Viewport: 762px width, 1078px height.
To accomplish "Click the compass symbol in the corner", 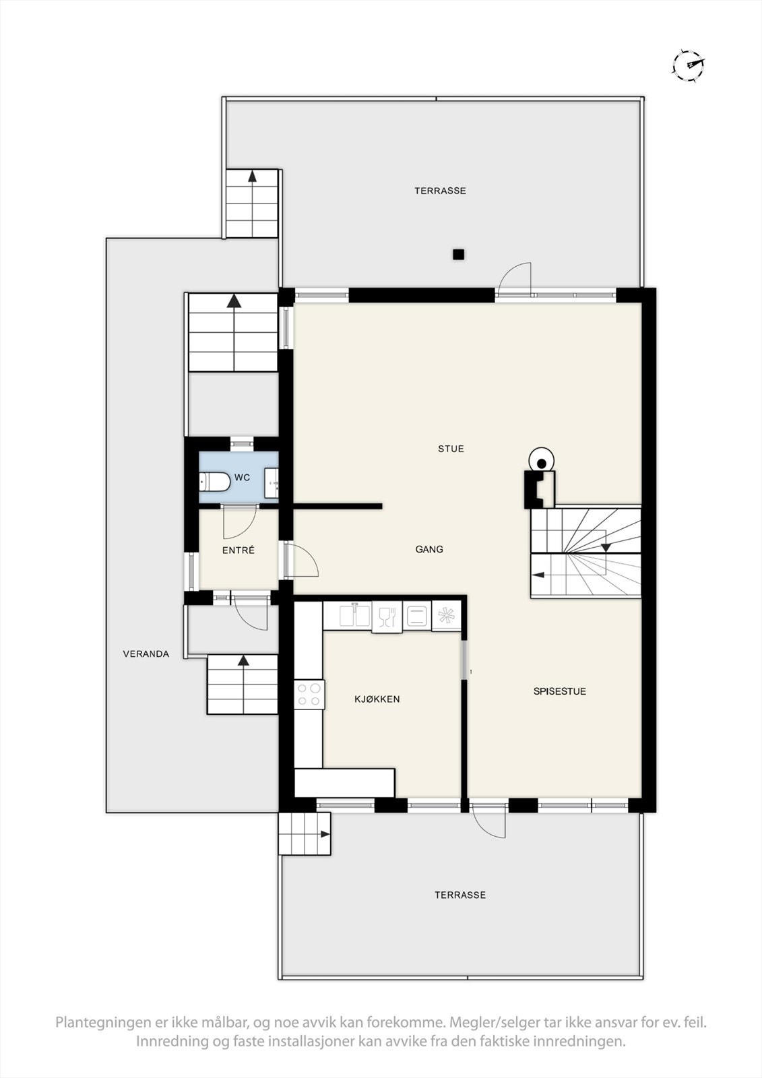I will pos(689,65).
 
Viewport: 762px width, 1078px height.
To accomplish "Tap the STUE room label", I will pos(451,449).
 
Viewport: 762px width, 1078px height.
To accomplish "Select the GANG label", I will pos(429,549).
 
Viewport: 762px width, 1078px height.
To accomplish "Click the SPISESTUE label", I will pos(559,691).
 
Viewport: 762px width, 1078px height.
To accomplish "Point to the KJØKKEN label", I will pos(377,699).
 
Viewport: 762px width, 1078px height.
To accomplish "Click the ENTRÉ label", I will pos(239,550).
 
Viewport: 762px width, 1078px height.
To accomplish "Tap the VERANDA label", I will pos(146,654).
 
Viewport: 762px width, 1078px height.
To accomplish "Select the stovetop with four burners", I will pos(309,695).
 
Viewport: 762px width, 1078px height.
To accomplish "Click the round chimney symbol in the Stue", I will pos(541,462).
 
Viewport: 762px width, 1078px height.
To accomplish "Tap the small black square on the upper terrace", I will pos(458,254).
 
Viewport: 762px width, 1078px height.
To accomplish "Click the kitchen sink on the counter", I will pos(355,616).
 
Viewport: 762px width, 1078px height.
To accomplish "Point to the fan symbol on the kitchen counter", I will pos(445,616).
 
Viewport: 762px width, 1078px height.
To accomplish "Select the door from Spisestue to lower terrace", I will pos(489,821).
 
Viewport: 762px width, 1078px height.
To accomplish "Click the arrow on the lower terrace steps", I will pos(324,834).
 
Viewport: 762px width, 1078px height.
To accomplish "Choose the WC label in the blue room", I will pos(243,478).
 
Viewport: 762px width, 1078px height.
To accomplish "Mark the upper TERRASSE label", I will pos(440,191).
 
